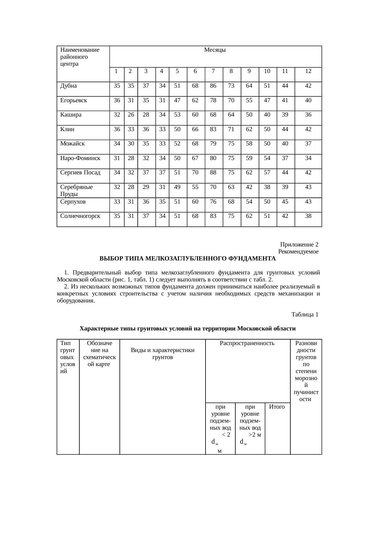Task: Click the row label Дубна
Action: point(68,86)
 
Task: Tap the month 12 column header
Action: point(308,72)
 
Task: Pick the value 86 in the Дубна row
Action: point(213,86)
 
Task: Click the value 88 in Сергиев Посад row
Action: point(213,173)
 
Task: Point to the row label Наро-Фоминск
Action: point(80,158)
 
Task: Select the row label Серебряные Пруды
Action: point(77,190)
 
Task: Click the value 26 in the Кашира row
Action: point(131,115)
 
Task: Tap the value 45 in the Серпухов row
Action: point(285,201)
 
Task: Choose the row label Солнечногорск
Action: point(80,216)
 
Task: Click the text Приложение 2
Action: point(299,245)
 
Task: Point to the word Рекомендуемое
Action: point(298,252)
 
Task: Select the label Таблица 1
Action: point(305,315)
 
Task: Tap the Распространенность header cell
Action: point(247,343)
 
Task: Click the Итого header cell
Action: point(277,407)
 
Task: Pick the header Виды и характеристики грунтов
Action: point(162,354)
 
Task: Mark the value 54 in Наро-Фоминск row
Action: point(267,158)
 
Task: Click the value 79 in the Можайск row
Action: point(213,144)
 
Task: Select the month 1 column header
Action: point(116,72)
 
